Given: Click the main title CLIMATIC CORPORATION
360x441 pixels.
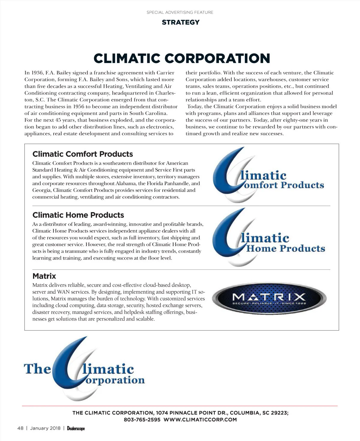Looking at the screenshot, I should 182,58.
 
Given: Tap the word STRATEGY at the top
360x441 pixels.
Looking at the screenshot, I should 180,22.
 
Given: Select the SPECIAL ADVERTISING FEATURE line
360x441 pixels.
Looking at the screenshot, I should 180,12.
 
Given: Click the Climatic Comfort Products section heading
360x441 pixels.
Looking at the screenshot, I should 82,154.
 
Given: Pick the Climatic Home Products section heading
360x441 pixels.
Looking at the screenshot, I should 78,215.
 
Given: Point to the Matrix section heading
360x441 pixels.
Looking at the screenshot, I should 44,276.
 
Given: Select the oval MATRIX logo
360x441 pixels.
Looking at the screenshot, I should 269,298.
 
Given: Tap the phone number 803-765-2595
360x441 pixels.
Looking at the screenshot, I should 142,420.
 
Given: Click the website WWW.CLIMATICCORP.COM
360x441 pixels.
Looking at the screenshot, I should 200,420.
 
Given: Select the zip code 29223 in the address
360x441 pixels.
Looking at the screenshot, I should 279,413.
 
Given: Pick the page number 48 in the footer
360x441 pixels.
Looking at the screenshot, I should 20,428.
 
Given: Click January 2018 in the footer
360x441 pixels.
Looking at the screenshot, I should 45,428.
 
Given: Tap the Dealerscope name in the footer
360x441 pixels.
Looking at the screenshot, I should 76,428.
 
